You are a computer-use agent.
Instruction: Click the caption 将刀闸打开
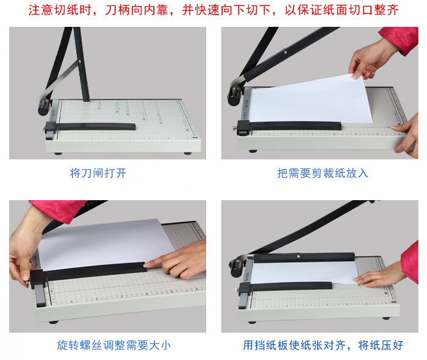[x=98, y=173]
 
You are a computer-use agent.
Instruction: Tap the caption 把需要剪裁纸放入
[x=323, y=173]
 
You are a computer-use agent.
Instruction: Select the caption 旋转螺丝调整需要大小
[x=114, y=345]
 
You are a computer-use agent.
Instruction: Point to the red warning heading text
[x=213, y=10]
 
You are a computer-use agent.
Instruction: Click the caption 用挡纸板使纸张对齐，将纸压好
[x=323, y=345]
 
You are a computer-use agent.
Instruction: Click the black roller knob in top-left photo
[x=44, y=107]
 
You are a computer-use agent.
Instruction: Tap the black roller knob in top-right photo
[x=234, y=96]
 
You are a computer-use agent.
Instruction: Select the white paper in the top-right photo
[x=310, y=100]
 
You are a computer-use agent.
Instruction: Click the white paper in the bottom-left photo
[x=106, y=243]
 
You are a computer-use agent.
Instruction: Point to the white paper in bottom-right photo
[x=304, y=273]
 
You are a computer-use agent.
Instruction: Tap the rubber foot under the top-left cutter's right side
[x=188, y=153]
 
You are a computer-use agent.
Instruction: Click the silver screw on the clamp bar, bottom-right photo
[x=298, y=256]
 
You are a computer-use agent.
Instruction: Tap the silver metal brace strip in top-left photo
[x=59, y=81]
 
